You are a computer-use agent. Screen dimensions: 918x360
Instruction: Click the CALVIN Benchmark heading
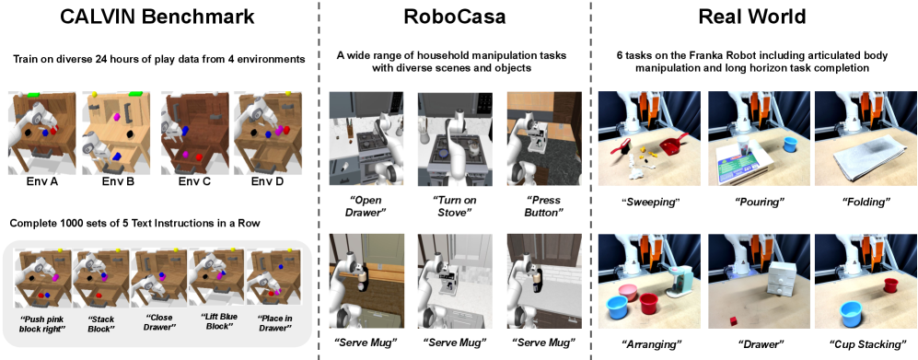(x=158, y=16)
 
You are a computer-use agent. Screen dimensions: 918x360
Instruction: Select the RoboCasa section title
(x=455, y=17)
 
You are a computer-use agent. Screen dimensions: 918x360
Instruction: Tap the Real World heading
(x=752, y=17)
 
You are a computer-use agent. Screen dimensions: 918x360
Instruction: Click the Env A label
(x=41, y=181)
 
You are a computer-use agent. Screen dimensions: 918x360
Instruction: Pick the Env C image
(x=193, y=133)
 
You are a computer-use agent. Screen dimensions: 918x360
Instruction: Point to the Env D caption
(x=268, y=181)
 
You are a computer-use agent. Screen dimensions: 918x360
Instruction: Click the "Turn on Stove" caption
(x=455, y=206)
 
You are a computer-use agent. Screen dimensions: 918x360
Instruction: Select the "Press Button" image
(x=544, y=138)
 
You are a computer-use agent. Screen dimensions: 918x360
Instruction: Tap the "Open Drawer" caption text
(x=366, y=206)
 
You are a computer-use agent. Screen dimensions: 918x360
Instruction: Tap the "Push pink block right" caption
(x=42, y=324)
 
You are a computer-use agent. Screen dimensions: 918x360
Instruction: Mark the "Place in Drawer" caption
(x=274, y=324)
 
